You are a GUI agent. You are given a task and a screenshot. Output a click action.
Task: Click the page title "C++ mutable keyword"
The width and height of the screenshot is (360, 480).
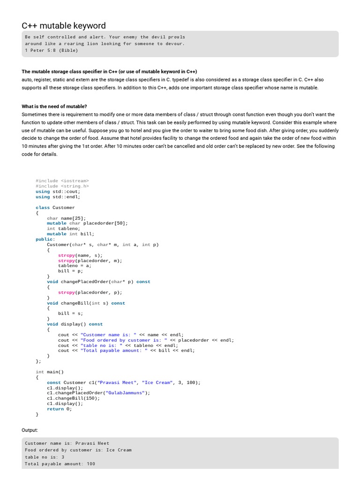[64, 26]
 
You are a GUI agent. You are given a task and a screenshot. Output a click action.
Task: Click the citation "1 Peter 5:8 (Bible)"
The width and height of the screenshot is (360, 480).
[52, 50]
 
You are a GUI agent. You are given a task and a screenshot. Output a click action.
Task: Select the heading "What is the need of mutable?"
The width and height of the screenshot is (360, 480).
[54, 106]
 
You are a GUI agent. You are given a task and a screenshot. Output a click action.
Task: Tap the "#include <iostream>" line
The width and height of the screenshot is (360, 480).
[62, 180]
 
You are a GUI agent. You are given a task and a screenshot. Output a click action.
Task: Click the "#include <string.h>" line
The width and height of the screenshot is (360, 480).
[62, 186]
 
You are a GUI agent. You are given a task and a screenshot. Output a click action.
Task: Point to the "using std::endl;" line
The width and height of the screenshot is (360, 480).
[58, 197]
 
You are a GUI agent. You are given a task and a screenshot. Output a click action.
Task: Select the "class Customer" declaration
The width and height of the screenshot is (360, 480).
[55, 207]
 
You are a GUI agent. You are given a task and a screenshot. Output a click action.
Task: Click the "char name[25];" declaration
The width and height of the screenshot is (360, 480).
[67, 218]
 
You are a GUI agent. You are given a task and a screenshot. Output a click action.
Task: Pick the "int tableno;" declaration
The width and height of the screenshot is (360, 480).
[64, 229]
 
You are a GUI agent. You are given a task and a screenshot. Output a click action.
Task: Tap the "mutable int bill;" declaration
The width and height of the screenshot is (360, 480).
[71, 234]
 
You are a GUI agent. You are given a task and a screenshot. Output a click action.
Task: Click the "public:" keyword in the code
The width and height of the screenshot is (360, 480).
[45, 239]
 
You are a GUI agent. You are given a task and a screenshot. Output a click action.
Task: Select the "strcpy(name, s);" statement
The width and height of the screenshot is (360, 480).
[80, 255]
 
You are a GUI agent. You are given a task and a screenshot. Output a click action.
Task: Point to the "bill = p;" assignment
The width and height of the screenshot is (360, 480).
[70, 271]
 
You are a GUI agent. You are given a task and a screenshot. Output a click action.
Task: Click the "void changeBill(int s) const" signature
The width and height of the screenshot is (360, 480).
[86, 303]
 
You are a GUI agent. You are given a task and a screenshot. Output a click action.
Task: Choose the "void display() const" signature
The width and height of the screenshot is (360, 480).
[75, 324]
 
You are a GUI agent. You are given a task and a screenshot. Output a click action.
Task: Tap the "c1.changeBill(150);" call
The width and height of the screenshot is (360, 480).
[74, 398]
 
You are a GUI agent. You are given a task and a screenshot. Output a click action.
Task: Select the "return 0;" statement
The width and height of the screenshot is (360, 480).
[60, 409]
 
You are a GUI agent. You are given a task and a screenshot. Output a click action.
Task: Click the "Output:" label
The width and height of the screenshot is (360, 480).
[30, 430]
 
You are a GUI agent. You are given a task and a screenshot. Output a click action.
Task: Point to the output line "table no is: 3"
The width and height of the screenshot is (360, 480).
[45, 457]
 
